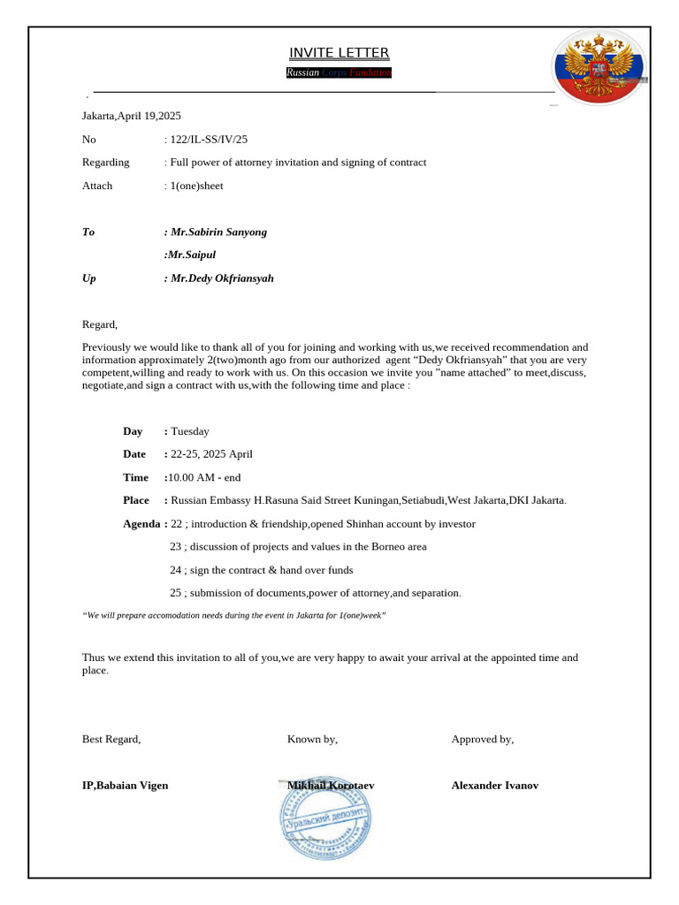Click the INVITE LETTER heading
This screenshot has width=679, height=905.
point(339,53)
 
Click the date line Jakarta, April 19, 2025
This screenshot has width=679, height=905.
point(131,116)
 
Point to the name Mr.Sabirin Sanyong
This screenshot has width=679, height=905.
point(218,232)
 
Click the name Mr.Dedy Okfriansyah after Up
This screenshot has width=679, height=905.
point(222,278)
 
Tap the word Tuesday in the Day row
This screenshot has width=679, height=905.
point(190,431)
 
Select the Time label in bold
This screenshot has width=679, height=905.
point(136,477)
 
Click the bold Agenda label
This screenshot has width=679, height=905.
point(142,524)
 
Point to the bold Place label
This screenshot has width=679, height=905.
point(136,500)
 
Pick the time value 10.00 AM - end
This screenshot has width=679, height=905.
point(205,477)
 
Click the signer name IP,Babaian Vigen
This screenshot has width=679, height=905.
point(125,785)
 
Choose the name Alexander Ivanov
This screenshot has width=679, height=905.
point(494,785)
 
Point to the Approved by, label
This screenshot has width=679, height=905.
point(482,739)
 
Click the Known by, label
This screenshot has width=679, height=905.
point(312,739)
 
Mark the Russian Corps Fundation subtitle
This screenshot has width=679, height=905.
point(339,72)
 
